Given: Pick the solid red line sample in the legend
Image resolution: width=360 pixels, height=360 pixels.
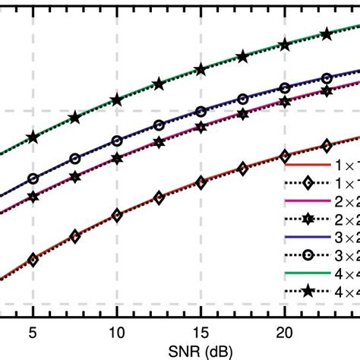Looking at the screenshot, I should [308, 164].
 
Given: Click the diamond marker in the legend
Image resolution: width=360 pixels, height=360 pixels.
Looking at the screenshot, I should [308, 182].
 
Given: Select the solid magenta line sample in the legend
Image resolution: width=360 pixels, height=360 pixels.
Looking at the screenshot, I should [308, 201].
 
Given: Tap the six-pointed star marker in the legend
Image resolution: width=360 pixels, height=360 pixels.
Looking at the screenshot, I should [308, 219].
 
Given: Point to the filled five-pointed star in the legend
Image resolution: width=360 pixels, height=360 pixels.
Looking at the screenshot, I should [308, 292].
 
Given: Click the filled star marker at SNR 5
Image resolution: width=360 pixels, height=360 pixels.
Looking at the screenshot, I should [33, 137].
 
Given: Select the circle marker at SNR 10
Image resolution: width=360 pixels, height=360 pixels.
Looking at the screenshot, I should [117, 141].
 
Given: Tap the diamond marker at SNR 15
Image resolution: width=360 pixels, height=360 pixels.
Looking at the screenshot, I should [201, 183].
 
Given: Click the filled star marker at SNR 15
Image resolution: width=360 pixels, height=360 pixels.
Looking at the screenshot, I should [201, 69].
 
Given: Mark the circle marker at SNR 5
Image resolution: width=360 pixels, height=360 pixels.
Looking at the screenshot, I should [33, 179].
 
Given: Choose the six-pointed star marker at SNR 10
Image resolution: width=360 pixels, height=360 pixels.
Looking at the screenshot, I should [117, 158].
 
